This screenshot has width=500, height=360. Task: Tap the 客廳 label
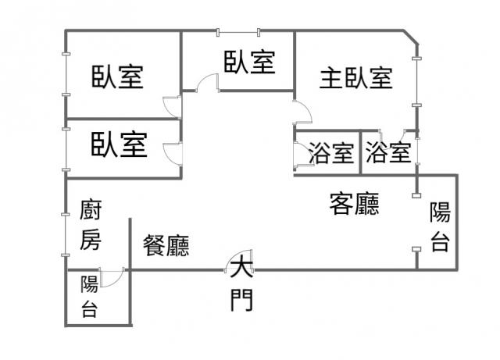coord(355,205)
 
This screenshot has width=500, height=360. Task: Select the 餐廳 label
coord(166,246)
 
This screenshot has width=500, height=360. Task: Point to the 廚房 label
coord(91,226)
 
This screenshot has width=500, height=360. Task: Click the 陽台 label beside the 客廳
coord(440,226)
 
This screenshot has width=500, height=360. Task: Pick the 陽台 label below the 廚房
coord(90,297)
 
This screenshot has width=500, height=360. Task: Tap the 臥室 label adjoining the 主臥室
coord(250,62)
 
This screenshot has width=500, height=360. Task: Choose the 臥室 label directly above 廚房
coord(119,144)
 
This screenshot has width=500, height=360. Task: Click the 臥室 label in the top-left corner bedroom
coord(117,77)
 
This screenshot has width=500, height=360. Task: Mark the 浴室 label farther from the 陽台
coord(331,153)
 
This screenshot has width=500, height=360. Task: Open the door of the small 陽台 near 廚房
coord(112,276)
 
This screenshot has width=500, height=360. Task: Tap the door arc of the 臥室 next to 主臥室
coord(206,81)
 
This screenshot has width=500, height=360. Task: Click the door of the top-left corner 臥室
coord(173,106)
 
